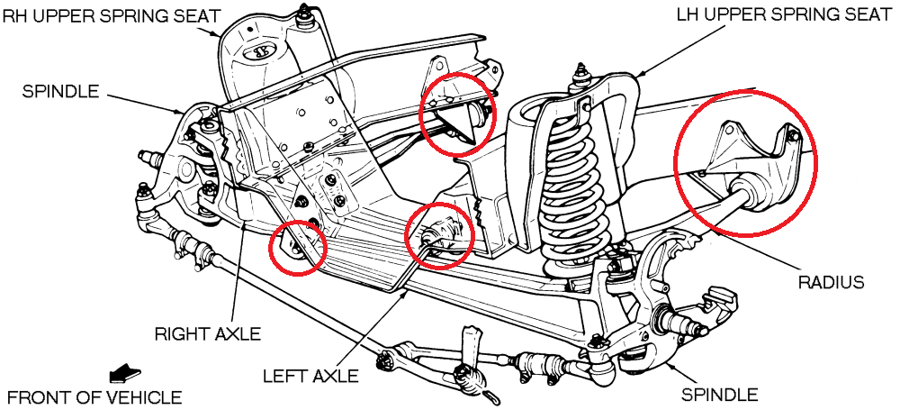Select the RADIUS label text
pos(831,283)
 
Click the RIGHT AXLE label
pos(207,334)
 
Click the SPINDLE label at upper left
pos(61,91)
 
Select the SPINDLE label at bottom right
pos(719,394)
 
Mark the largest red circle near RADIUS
pos(746,161)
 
